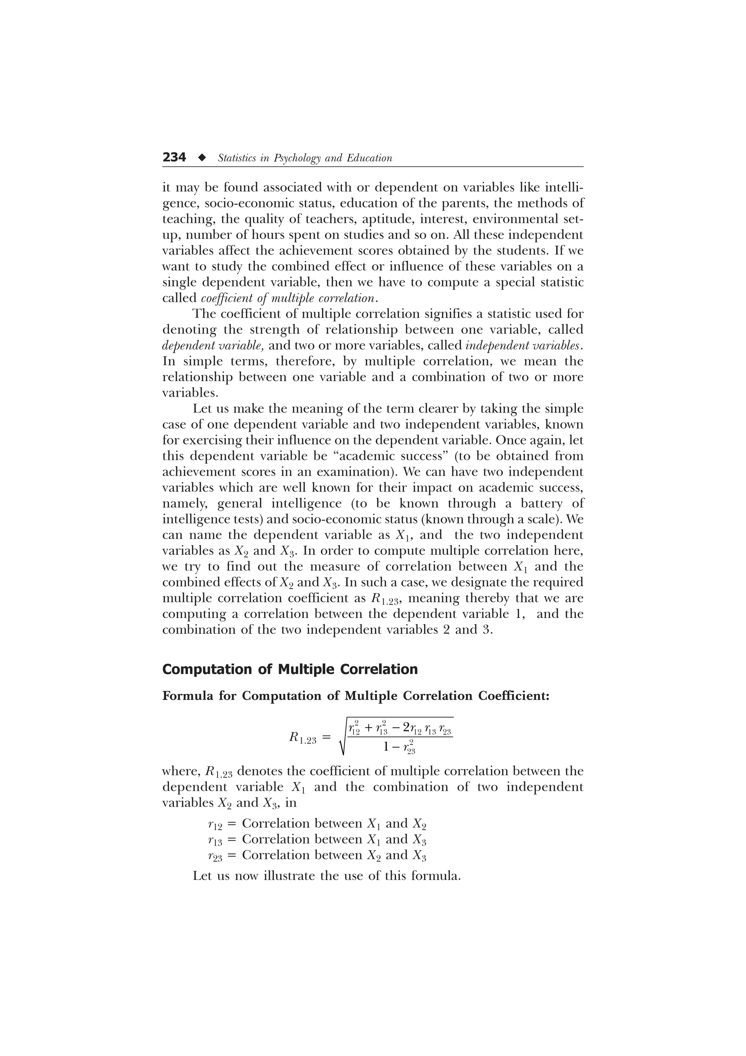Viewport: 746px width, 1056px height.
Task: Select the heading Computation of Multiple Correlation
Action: (290, 669)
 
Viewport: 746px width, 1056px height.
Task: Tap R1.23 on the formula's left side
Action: (302, 739)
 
